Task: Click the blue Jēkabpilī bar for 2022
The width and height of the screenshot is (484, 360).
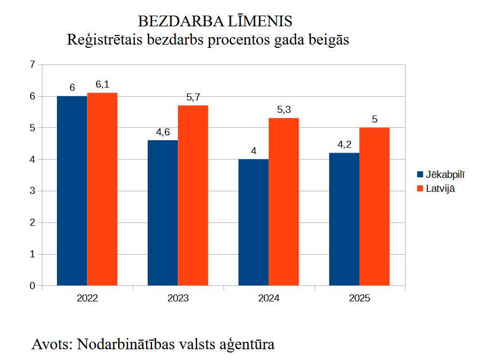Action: pos(72,191)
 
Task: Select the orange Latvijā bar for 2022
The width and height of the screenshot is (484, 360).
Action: pos(102,189)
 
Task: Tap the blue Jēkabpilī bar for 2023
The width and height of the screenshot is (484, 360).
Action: pos(163,213)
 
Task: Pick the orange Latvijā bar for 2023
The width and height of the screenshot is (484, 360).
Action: pos(193,196)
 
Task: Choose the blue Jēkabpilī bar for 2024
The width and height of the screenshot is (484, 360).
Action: pos(254,222)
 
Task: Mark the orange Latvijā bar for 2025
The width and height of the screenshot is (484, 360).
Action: pos(374,206)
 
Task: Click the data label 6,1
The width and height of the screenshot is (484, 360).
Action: pos(102,84)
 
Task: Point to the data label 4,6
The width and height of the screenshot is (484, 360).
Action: pos(163,132)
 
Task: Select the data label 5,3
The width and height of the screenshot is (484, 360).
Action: pos(284,110)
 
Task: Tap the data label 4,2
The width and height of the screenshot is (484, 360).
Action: pos(344,144)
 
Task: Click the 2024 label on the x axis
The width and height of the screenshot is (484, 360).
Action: pos(269,298)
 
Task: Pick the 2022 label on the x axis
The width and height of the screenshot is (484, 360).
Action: pos(87,298)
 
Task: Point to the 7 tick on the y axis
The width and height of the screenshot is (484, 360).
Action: pos(32,64)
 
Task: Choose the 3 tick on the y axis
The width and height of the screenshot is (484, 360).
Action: pos(32,191)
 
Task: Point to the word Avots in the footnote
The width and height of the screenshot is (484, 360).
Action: pos(52,344)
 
